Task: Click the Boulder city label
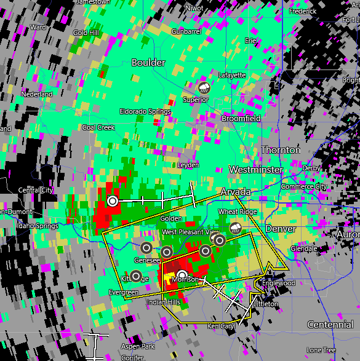(148, 63)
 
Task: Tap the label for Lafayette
(232, 75)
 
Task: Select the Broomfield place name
(241, 118)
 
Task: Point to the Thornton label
(281, 150)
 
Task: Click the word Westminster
(256, 169)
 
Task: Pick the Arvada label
(236, 192)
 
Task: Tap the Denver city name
(281, 229)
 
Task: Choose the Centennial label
(330, 325)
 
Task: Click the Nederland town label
(37, 94)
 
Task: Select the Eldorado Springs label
(145, 111)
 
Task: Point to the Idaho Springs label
(39, 226)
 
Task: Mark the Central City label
(36, 190)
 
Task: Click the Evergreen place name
(124, 292)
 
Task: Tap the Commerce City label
(304, 186)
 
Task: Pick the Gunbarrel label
(186, 31)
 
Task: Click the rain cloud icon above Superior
(203, 88)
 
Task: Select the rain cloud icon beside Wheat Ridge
(235, 228)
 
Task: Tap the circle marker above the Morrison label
(182, 275)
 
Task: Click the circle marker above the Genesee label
(146, 248)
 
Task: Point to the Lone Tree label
(321, 350)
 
